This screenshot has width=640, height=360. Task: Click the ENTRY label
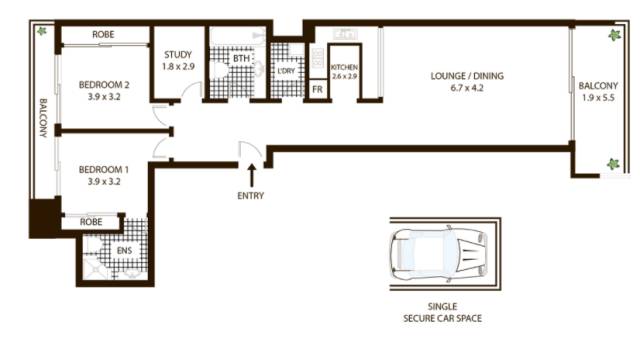[251, 196]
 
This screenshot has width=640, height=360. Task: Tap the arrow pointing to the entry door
[252, 176]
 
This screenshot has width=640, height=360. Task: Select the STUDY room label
[178, 55]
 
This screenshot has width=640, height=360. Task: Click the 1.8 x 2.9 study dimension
[178, 67]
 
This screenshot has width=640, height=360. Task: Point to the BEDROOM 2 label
[104, 85]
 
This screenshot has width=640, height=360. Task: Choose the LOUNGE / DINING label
[467, 76]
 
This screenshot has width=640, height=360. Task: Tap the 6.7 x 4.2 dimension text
[467, 88]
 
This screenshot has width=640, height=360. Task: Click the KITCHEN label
[344, 67]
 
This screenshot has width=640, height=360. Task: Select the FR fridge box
[318, 89]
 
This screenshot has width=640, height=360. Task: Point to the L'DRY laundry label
[286, 71]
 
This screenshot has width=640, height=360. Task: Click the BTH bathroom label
[241, 59]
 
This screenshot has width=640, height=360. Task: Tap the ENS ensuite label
[124, 250]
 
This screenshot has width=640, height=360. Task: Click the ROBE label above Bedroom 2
[103, 35]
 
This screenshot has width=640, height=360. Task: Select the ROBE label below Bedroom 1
[91, 222]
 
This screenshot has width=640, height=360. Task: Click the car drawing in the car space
[439, 253]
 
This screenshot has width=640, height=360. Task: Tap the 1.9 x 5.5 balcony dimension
[598, 98]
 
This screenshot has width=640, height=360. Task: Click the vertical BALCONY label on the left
[43, 118]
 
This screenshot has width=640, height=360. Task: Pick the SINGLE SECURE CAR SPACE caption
[442, 312]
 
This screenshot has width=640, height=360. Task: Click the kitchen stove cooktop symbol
[318, 58]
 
